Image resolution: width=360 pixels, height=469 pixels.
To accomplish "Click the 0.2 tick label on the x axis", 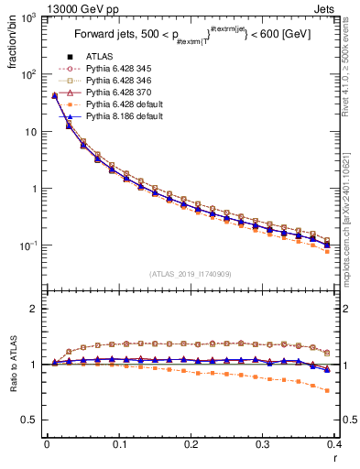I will coord(191,445).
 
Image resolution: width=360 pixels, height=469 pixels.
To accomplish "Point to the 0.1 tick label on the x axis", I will coord(119,445).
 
